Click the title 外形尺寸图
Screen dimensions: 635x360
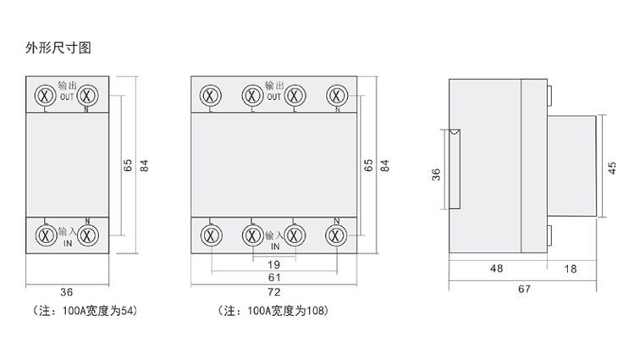click(58, 47)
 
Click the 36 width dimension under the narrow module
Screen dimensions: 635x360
click(66, 292)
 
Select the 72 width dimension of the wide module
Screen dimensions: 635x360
click(273, 292)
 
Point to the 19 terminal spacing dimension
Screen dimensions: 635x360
click(273, 265)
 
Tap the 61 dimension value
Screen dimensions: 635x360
click(274, 277)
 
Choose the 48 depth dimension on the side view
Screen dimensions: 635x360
click(496, 269)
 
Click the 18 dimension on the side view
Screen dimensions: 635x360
click(570, 269)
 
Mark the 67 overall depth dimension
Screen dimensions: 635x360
click(524, 289)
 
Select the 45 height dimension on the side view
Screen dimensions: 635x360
click(612, 168)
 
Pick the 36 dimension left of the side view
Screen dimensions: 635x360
click(436, 174)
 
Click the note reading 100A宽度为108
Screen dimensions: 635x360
click(273, 311)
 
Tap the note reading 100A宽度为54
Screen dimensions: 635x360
click(85, 311)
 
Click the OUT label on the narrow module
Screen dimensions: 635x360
click(67, 97)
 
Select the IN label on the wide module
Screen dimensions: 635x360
click(275, 246)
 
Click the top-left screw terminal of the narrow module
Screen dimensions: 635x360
click(46, 96)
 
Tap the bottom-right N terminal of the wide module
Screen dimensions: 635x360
click(336, 235)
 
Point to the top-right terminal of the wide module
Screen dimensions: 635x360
click(337, 96)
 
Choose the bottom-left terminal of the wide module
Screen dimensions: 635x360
click(211, 235)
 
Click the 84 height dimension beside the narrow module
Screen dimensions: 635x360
click(144, 165)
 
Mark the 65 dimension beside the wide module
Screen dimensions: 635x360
click(368, 165)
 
